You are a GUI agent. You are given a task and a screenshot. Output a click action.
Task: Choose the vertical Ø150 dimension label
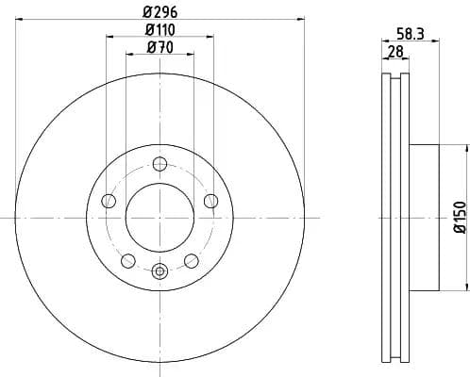pos(460,217)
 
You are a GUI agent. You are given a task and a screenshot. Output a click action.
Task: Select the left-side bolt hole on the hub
pos(107,201)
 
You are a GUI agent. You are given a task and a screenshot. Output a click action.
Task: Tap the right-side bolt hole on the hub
pos(210,200)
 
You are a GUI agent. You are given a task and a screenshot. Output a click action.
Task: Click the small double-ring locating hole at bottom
pos(159,272)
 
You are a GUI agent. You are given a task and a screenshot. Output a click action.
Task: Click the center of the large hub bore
pos(159,217)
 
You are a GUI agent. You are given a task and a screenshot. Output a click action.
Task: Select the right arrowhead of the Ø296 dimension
pos(297,18)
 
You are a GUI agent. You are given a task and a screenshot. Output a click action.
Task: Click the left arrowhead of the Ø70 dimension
pos(129,55)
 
